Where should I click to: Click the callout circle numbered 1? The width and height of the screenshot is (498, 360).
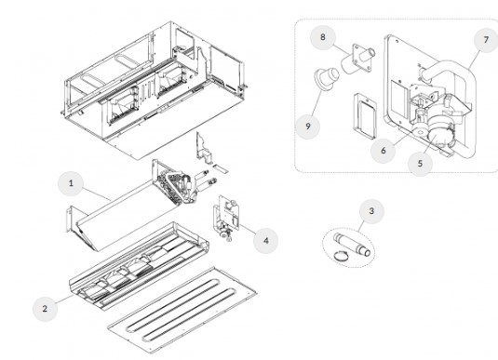pyautogui.click(x=71, y=183)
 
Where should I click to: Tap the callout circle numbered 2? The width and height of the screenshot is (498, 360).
pyautogui.click(x=45, y=309)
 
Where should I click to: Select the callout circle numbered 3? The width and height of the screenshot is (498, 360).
pyautogui.click(x=371, y=211)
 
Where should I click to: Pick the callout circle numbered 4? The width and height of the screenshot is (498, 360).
pyautogui.click(x=266, y=241)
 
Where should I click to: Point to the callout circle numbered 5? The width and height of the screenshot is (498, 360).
pyautogui.click(x=420, y=164)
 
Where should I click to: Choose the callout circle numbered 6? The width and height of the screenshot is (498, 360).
pyautogui.click(x=384, y=151)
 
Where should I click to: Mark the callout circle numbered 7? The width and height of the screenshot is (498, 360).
pyautogui.click(x=486, y=40)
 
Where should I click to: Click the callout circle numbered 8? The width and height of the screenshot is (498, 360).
pyautogui.click(x=323, y=37)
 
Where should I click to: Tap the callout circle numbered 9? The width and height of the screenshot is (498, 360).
pyautogui.click(x=308, y=127)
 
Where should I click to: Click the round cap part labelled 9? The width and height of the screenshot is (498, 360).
pyautogui.click(x=327, y=78)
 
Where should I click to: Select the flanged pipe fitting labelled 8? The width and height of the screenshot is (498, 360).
pyautogui.click(x=358, y=60)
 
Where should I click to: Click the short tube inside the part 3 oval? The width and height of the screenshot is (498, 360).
pyautogui.click(x=352, y=245)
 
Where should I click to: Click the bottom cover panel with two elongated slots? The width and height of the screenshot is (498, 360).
pyautogui.click(x=182, y=310)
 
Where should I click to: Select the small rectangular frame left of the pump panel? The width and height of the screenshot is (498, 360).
pyautogui.click(x=365, y=116)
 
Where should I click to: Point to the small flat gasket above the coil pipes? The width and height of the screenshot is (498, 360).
pyautogui.click(x=220, y=168)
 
